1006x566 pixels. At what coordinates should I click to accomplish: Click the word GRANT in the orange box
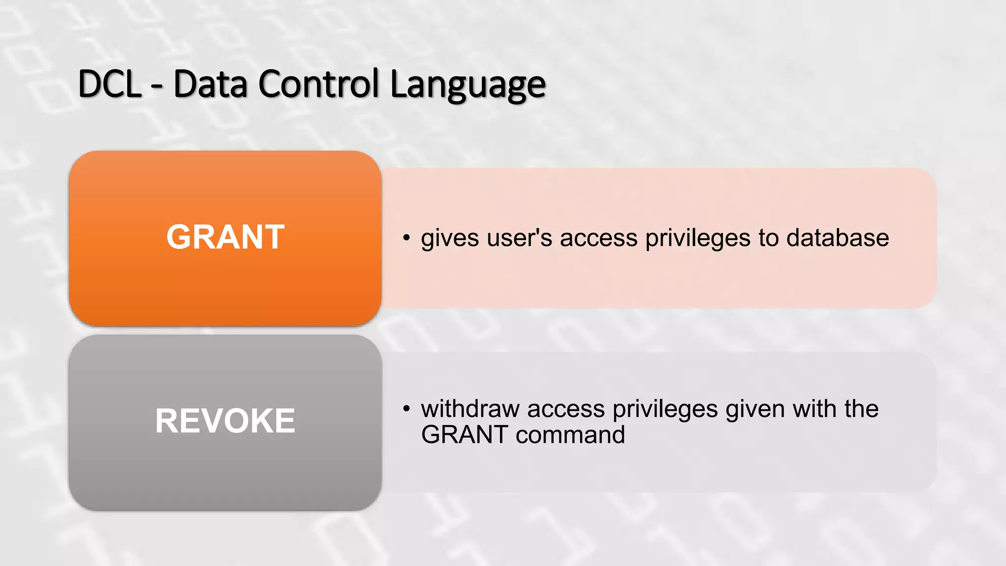click(225, 237)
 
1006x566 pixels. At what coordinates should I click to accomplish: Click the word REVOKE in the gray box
click(225, 421)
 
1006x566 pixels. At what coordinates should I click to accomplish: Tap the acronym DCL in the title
click(110, 85)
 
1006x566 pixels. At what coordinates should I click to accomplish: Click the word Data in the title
click(210, 85)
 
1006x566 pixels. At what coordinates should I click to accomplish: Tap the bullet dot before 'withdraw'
click(406, 409)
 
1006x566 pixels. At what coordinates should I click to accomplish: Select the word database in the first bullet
click(837, 238)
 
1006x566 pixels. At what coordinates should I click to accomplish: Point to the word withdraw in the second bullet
click(470, 409)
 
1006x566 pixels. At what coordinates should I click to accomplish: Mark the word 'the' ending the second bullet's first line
click(861, 409)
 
